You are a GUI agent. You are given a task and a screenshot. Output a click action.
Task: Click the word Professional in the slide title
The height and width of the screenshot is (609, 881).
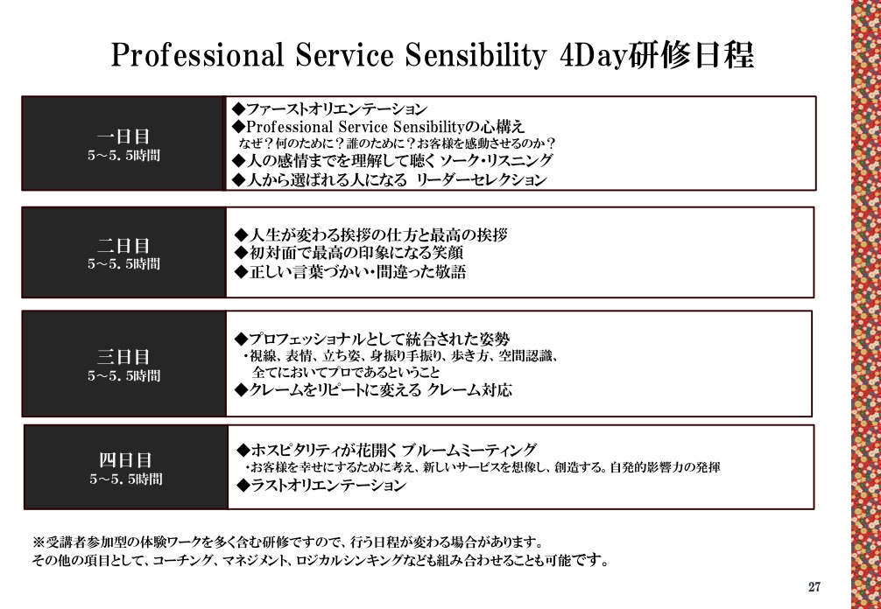coord(197,55)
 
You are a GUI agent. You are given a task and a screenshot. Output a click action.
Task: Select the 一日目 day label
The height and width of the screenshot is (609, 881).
coord(123,136)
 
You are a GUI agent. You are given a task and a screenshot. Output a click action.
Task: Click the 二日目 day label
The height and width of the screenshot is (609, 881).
coord(123,245)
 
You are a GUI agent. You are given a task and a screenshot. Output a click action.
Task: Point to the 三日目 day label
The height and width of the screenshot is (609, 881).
coord(123,357)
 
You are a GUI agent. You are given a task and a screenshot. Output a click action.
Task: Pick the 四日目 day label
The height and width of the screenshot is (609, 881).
coord(125,460)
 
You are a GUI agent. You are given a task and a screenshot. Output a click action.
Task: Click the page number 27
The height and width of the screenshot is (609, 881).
coord(814,587)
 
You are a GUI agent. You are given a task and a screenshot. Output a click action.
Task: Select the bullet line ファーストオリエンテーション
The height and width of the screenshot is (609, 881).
coord(330,108)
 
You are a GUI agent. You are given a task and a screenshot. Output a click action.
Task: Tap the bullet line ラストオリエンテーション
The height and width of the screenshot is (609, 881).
coord(321,485)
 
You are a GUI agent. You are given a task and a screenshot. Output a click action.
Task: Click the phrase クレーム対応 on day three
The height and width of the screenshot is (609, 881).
coord(469,389)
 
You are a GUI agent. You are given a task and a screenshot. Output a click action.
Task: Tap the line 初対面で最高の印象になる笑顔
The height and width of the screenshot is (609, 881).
coord(349,253)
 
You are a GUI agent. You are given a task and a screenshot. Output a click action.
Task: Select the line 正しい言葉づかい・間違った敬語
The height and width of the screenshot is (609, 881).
coord(350,272)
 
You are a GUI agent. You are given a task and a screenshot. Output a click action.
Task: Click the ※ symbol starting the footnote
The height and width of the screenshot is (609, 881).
coord(39,542)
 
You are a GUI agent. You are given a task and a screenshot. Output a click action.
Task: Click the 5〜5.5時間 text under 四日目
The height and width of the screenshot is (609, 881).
coord(126,479)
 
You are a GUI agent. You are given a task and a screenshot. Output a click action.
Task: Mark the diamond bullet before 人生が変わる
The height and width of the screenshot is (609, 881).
coord(242,234)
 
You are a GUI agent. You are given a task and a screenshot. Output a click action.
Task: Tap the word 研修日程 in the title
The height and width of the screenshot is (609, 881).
coord(692,55)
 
